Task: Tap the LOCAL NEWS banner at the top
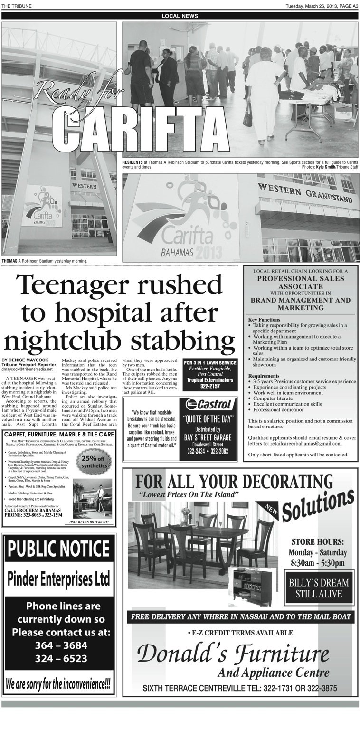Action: coord(180,16)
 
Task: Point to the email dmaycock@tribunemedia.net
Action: coord(27,369)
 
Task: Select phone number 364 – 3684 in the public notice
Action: coord(61,645)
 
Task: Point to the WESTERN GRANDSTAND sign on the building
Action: coord(306,192)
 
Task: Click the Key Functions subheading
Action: coord(264,320)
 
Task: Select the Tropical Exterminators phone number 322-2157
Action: coord(210,387)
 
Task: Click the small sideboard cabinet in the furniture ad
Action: coord(252,586)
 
